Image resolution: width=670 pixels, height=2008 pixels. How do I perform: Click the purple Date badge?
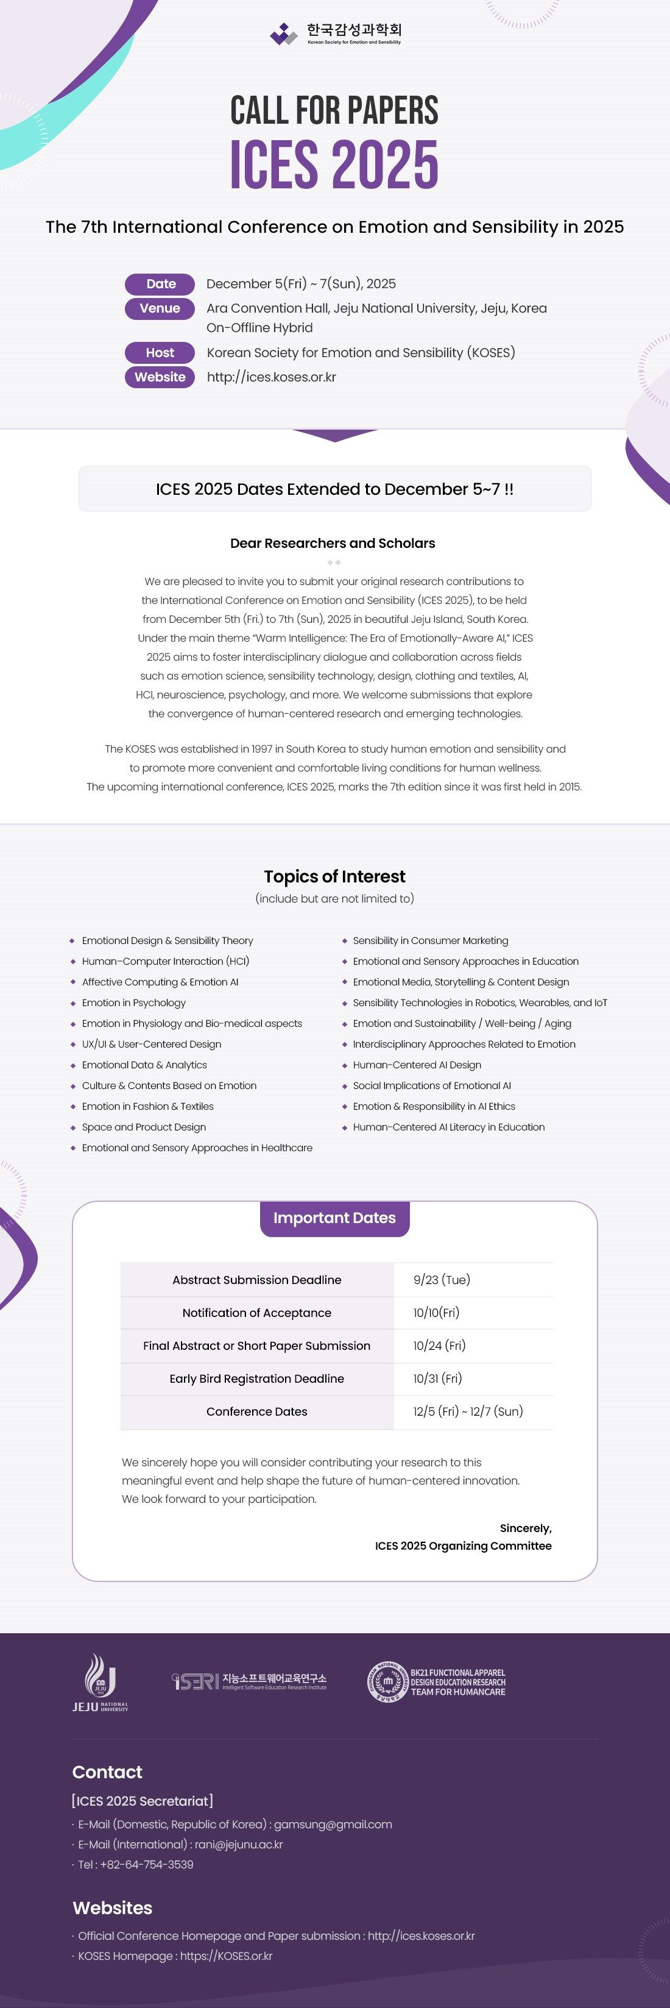click(x=160, y=284)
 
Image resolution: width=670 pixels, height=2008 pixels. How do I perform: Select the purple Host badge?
click(x=160, y=352)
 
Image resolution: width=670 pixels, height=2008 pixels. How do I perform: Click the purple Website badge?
click(x=160, y=377)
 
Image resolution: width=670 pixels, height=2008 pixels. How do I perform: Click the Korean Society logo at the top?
click(x=335, y=33)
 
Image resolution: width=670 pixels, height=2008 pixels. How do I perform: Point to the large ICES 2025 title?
click(x=334, y=165)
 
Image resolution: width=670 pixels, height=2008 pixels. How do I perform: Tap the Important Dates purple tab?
click(x=334, y=1218)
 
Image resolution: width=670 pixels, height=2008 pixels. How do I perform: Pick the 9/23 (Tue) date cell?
click(x=442, y=1279)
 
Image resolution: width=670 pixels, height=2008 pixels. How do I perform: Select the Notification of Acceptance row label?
click(x=256, y=1313)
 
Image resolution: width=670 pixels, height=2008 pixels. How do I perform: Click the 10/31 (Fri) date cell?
click(x=438, y=1378)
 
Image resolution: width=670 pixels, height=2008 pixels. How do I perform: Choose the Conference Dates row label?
click(x=256, y=1411)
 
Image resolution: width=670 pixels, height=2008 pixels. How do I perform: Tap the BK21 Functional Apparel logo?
click(x=436, y=1681)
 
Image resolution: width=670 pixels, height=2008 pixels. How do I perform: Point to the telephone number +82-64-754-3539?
click(x=146, y=1865)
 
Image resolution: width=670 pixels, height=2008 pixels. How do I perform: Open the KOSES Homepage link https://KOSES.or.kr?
click(x=226, y=1956)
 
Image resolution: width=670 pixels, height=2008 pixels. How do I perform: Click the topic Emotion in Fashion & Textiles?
click(x=147, y=1106)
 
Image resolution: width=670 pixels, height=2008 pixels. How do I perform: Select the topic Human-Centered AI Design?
click(x=417, y=1065)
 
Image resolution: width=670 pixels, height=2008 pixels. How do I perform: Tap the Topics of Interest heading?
click(x=334, y=876)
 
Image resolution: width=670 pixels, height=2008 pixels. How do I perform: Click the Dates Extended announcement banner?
click(x=334, y=489)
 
